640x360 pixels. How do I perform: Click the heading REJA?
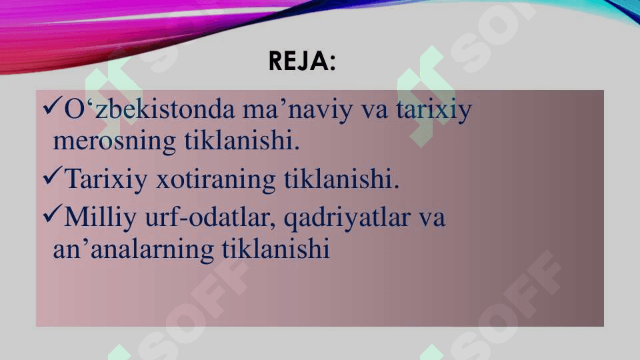[x=302, y=61]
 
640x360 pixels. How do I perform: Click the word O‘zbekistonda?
[x=150, y=109]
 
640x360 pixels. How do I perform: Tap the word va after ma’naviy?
[x=374, y=111]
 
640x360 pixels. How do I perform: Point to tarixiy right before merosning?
[x=434, y=110]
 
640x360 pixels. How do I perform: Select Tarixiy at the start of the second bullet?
[x=106, y=179]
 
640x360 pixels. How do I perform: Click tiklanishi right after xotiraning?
[x=341, y=179]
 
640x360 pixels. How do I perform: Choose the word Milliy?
[x=101, y=217]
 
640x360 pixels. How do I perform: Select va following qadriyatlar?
[x=432, y=219]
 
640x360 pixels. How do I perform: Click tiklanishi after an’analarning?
[x=276, y=248]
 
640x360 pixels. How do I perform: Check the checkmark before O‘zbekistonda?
[x=52, y=106]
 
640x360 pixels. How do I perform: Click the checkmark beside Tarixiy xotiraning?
[x=52, y=175]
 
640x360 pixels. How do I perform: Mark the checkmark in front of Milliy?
[x=52, y=214]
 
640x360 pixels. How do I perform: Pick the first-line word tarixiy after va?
[x=434, y=110]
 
